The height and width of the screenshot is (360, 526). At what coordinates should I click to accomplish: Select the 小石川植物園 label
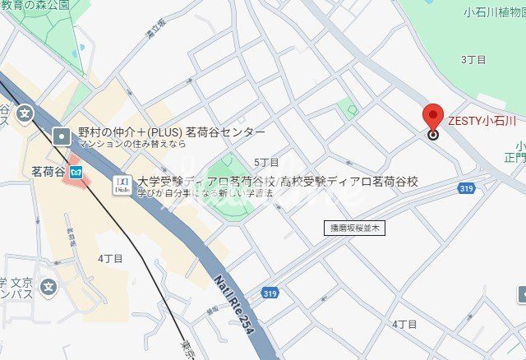[x=494, y=12]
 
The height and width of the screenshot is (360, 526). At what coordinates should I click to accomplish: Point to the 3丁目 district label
[x=473, y=59]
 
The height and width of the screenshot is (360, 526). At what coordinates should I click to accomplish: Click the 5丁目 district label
[x=266, y=163]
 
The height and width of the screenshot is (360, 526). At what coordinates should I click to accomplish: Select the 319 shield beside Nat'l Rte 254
[x=270, y=293]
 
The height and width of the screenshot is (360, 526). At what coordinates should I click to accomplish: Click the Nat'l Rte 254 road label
[x=233, y=305]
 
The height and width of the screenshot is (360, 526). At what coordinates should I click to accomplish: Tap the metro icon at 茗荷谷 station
[x=76, y=172]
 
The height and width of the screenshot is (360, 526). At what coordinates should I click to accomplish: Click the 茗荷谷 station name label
[x=48, y=172]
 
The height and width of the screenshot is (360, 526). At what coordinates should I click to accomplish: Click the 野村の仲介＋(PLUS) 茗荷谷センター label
[x=171, y=132]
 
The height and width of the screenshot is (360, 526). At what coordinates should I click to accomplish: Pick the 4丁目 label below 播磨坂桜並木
[x=404, y=325]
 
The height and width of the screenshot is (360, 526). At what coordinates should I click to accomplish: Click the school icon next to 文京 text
[x=48, y=288]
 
